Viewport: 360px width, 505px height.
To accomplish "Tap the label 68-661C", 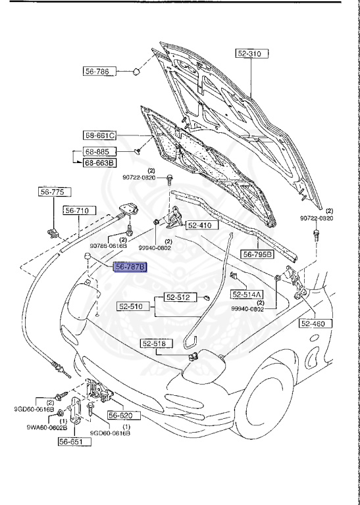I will (99, 136).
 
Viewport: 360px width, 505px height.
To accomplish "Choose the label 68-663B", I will (99, 162).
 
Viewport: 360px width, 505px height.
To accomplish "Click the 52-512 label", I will (177, 297).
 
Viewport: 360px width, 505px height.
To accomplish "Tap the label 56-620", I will (120, 416).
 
